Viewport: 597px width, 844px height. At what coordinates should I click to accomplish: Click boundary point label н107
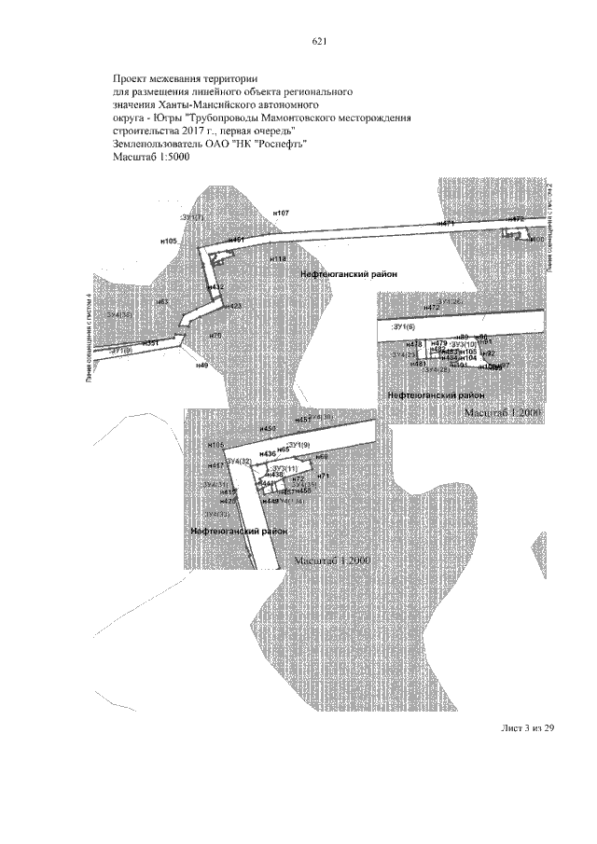(x=281, y=214)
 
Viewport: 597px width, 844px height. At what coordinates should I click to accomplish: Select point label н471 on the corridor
(x=446, y=224)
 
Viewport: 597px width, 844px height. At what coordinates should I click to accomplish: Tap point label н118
(x=278, y=258)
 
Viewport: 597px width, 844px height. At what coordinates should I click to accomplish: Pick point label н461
(x=235, y=241)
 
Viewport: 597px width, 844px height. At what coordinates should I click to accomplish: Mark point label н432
(x=215, y=287)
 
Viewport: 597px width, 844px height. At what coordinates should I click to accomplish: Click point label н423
(x=232, y=306)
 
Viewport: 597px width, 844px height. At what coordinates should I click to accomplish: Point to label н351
(x=151, y=343)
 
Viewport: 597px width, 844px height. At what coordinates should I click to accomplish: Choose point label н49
(x=201, y=365)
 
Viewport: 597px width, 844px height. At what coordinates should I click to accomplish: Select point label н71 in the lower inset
(x=326, y=477)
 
